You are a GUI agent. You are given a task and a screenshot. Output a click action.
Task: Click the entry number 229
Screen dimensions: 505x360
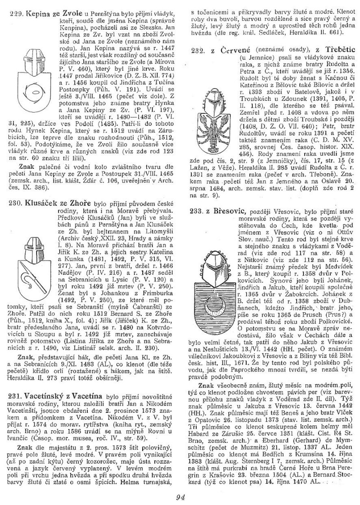15,14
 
